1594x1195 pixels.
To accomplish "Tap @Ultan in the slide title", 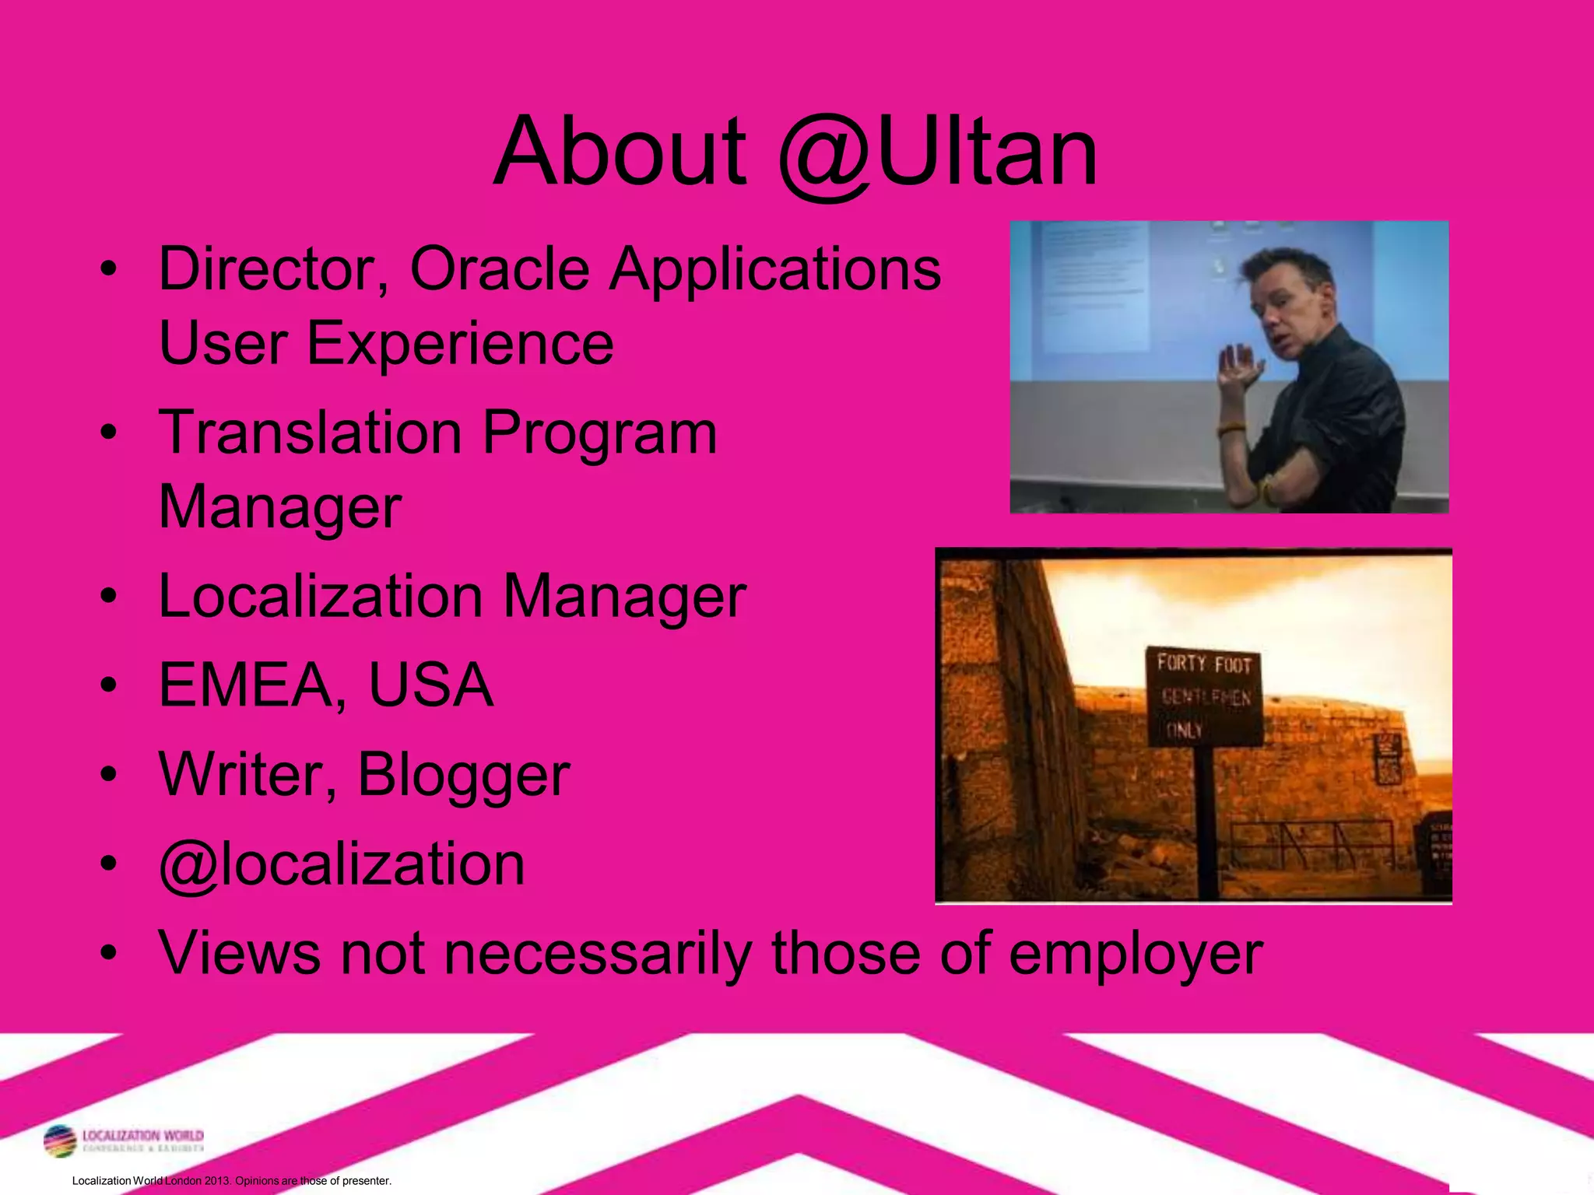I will pos(937,152).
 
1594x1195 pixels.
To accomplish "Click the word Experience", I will pos(460,343).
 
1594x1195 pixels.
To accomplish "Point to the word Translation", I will pos(311,433).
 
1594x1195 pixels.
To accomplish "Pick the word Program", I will pos(599,434).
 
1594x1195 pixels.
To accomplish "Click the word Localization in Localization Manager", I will pos(321,597).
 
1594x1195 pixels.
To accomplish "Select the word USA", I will pos(430,685).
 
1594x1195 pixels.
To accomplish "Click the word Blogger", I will pos(464,775).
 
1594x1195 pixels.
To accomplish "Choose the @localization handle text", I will pos(342,864).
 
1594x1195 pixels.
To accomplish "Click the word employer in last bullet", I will pos(1136,953).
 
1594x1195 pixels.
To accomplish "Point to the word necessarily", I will pos(599,953).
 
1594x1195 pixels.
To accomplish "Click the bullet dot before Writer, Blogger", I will pos(109,774).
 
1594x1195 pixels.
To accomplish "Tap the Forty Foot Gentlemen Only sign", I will pos(1204,696).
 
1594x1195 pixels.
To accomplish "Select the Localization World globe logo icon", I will pos(60,1141).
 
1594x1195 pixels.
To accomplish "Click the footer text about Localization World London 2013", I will pos(231,1180).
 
